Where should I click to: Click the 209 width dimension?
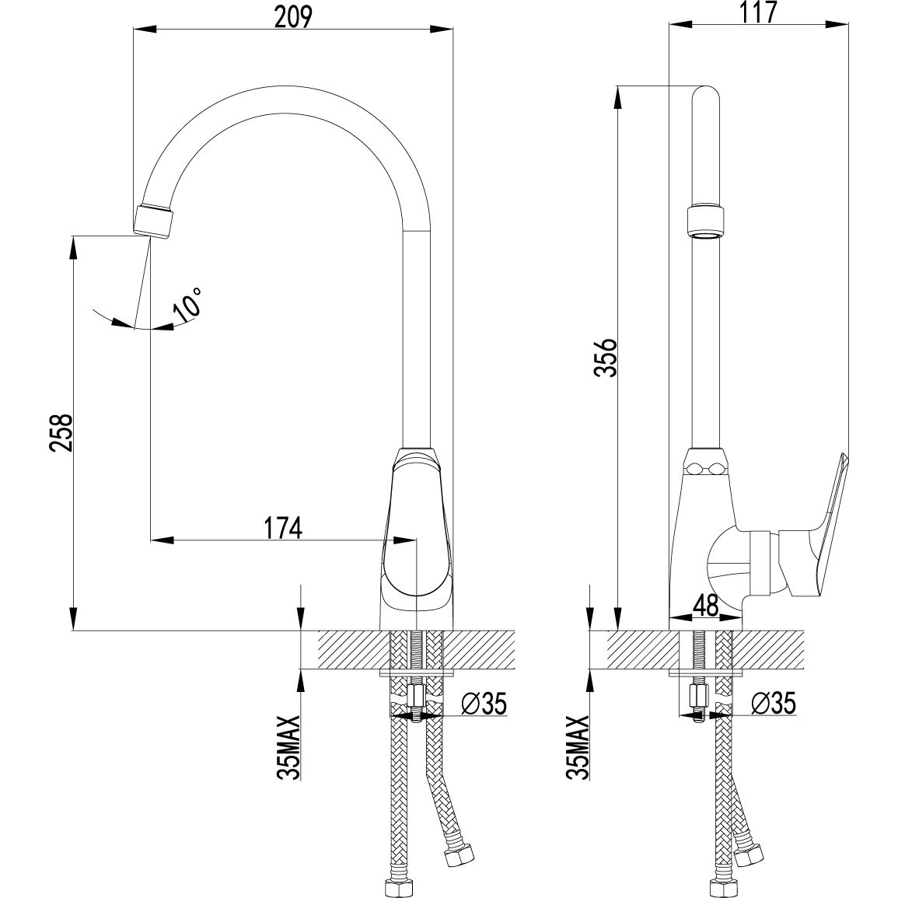point(294,16)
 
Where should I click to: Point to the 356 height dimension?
point(606,357)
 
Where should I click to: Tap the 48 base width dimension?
point(707,603)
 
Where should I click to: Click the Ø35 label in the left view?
point(483,704)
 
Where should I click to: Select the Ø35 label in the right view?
point(773,704)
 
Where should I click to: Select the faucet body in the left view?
point(417,536)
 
